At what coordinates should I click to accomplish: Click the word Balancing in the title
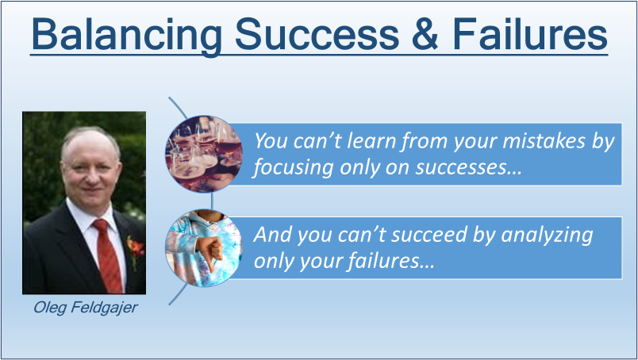coord(126,36)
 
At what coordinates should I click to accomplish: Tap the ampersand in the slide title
coord(425,34)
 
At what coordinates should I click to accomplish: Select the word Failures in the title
coord(530,34)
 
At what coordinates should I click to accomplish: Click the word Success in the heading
coord(317,34)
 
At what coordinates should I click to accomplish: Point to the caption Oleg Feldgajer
coord(86,308)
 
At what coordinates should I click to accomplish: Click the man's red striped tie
coord(107,255)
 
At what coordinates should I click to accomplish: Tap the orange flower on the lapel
coord(136,247)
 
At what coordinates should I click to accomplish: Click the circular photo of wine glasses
coord(204,154)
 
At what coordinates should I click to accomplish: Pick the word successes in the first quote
coord(468,167)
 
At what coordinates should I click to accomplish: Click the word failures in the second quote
coord(390,261)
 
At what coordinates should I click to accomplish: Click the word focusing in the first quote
coord(293,168)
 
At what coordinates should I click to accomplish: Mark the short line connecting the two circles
coord(212,201)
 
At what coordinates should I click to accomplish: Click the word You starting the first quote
coord(270,140)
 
